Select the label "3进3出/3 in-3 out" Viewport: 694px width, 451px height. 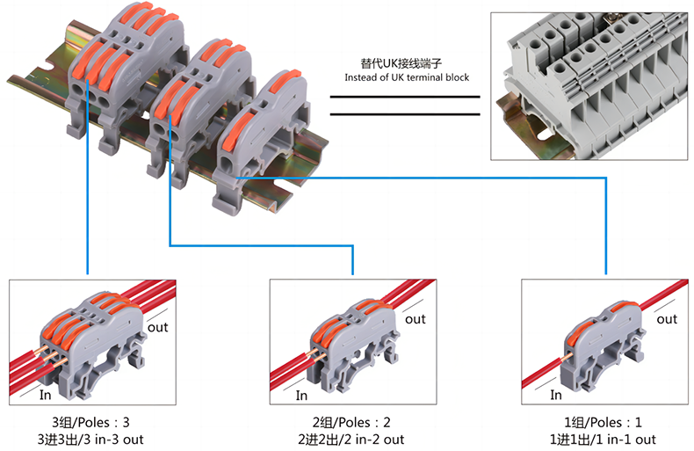click(x=90, y=439)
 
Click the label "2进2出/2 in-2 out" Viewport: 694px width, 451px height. click(x=352, y=439)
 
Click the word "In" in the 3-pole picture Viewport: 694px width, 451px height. click(x=46, y=395)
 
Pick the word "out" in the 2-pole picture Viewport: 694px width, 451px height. click(x=415, y=319)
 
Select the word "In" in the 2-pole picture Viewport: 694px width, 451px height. click(x=303, y=395)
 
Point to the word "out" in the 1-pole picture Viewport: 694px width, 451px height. click(x=667, y=319)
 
